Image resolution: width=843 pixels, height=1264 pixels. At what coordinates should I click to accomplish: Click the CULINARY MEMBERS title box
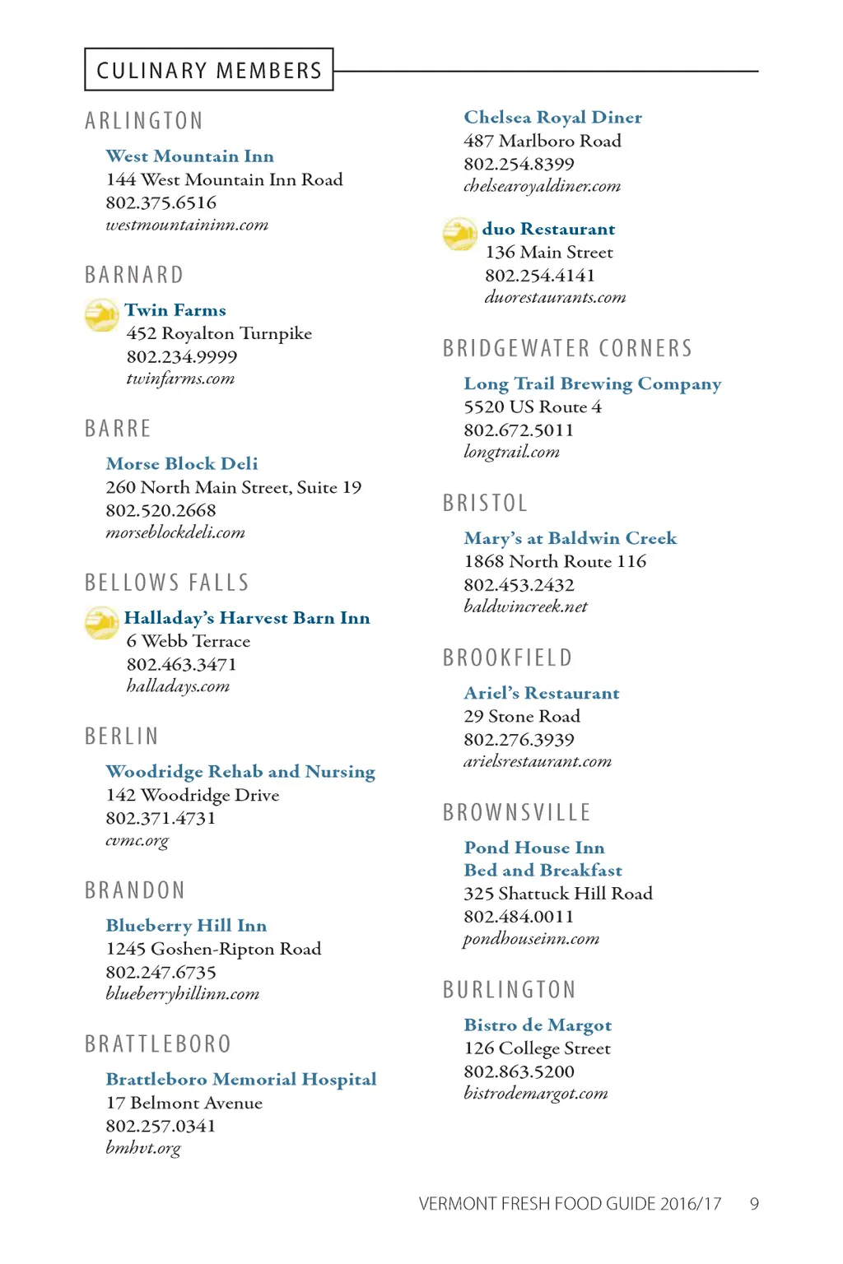209,70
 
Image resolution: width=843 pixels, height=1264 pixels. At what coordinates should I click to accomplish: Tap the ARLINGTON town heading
144,121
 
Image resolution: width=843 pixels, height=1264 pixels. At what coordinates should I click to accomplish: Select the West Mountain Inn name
189,156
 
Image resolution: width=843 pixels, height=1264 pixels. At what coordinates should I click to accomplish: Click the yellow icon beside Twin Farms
102,314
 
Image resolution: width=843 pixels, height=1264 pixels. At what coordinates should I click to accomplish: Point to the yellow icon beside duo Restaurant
459,234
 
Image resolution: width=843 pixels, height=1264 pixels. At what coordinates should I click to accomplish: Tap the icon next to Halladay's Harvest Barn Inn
102,623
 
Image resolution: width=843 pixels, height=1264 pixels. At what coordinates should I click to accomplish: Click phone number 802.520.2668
161,510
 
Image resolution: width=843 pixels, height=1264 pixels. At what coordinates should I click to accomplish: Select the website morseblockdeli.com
175,532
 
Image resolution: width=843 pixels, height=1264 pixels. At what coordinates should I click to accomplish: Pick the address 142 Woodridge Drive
192,795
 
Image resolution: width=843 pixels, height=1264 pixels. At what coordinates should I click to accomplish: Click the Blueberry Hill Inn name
186,926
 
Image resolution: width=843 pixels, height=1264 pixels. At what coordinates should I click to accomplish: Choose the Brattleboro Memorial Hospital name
240,1079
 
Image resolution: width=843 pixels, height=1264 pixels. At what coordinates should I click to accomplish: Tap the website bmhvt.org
142,1148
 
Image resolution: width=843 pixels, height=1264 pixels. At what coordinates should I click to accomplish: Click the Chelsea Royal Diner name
552,118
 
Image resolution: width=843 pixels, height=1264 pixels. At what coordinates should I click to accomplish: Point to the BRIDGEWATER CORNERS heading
567,348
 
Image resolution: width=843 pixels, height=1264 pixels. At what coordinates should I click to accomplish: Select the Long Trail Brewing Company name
592,384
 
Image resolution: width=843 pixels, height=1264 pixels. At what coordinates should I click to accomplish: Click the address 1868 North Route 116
555,561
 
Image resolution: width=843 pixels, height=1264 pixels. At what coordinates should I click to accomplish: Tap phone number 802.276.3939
519,740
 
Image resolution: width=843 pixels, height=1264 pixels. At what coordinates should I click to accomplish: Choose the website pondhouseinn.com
531,939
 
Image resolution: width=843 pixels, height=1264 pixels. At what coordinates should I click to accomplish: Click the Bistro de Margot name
538,1025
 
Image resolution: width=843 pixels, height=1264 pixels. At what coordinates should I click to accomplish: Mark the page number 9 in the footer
754,1204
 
